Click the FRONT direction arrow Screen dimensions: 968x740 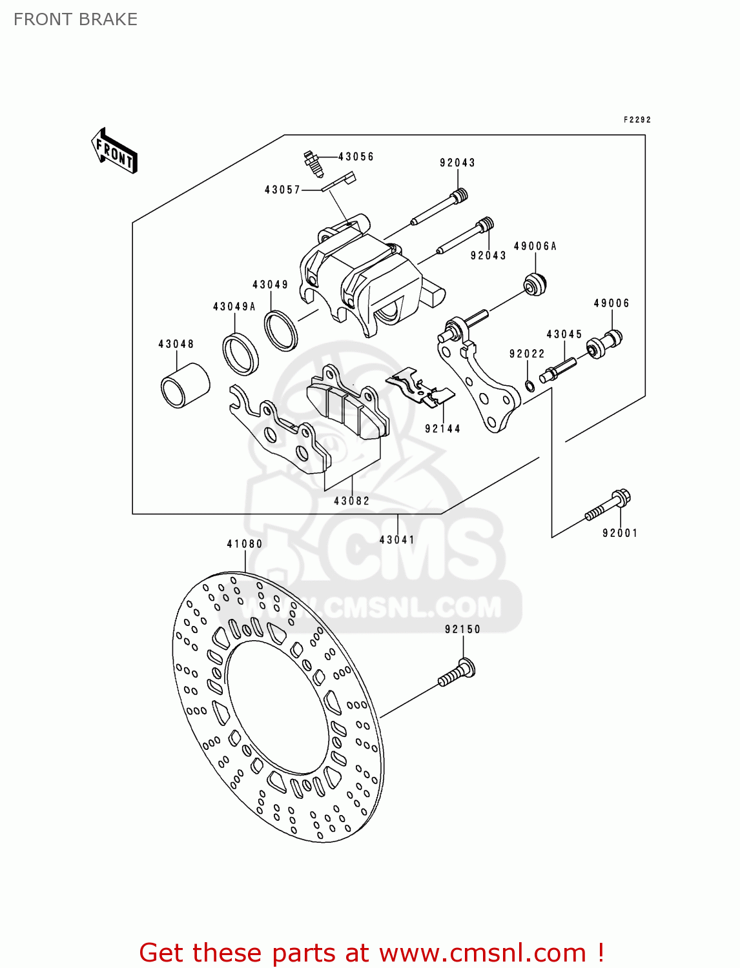(x=114, y=151)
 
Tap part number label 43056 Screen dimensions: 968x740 (x=356, y=157)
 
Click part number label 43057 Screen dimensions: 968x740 (x=282, y=190)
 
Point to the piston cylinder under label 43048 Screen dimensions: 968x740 (x=185, y=386)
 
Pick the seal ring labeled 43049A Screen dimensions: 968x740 (x=240, y=354)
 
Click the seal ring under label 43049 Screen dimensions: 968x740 (x=281, y=330)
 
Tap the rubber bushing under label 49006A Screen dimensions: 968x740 (x=535, y=284)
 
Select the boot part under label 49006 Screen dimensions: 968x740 (x=606, y=343)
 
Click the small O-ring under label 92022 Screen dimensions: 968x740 (x=529, y=386)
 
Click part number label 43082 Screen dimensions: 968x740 (x=352, y=501)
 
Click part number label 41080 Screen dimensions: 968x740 (x=245, y=544)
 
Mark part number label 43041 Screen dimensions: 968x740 (x=397, y=539)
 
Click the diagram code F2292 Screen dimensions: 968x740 (x=637, y=119)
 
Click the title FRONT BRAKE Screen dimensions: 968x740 (x=76, y=19)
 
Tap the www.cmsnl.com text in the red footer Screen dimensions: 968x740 (x=482, y=953)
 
